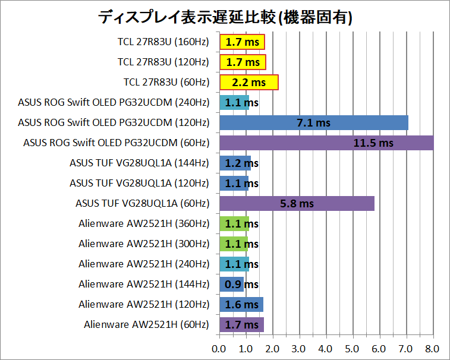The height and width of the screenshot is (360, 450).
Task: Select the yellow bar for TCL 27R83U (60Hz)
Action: pos(248,82)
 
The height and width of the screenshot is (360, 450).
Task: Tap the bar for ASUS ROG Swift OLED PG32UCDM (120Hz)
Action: pos(313,123)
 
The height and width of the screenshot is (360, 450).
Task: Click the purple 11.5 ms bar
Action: pos(326,143)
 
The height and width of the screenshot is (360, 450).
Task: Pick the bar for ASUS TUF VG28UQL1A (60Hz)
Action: pos(297,204)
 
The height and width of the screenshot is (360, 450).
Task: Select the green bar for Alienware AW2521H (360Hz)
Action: pos(234,224)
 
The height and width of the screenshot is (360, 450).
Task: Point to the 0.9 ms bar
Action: pos(231,285)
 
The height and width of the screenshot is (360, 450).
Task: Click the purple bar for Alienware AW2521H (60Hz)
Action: pos(241,325)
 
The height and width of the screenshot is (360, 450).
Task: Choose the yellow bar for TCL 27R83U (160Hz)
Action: pos(242,42)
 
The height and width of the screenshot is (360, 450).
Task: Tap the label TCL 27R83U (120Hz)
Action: pos(163,62)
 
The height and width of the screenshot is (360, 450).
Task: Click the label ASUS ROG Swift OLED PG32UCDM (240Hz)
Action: pos(114,102)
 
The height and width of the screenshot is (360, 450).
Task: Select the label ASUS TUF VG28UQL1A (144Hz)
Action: pos(139,163)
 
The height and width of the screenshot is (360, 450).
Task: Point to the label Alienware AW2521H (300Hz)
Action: pos(144,244)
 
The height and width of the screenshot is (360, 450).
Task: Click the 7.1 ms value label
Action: pos(313,123)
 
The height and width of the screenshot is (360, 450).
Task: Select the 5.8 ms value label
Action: pos(297,204)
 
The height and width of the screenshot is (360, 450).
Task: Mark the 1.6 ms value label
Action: pos(242,305)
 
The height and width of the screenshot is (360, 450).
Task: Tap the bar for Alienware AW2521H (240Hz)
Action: pos(234,264)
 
